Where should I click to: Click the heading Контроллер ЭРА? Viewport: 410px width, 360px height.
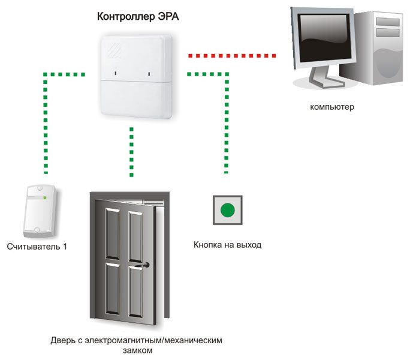pyautogui.click(x=138, y=16)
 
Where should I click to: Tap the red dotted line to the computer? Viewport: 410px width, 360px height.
pyautogui.click(x=231, y=55)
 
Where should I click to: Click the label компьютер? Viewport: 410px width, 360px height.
pyautogui.click(x=332, y=108)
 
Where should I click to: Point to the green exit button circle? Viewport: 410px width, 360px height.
pyautogui.click(x=227, y=211)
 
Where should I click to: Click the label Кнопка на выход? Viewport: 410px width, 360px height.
pyautogui.click(x=228, y=245)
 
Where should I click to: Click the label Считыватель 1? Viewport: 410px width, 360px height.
pyautogui.click(x=37, y=247)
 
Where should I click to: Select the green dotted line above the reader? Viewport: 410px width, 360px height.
pyautogui.click(x=46, y=120)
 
